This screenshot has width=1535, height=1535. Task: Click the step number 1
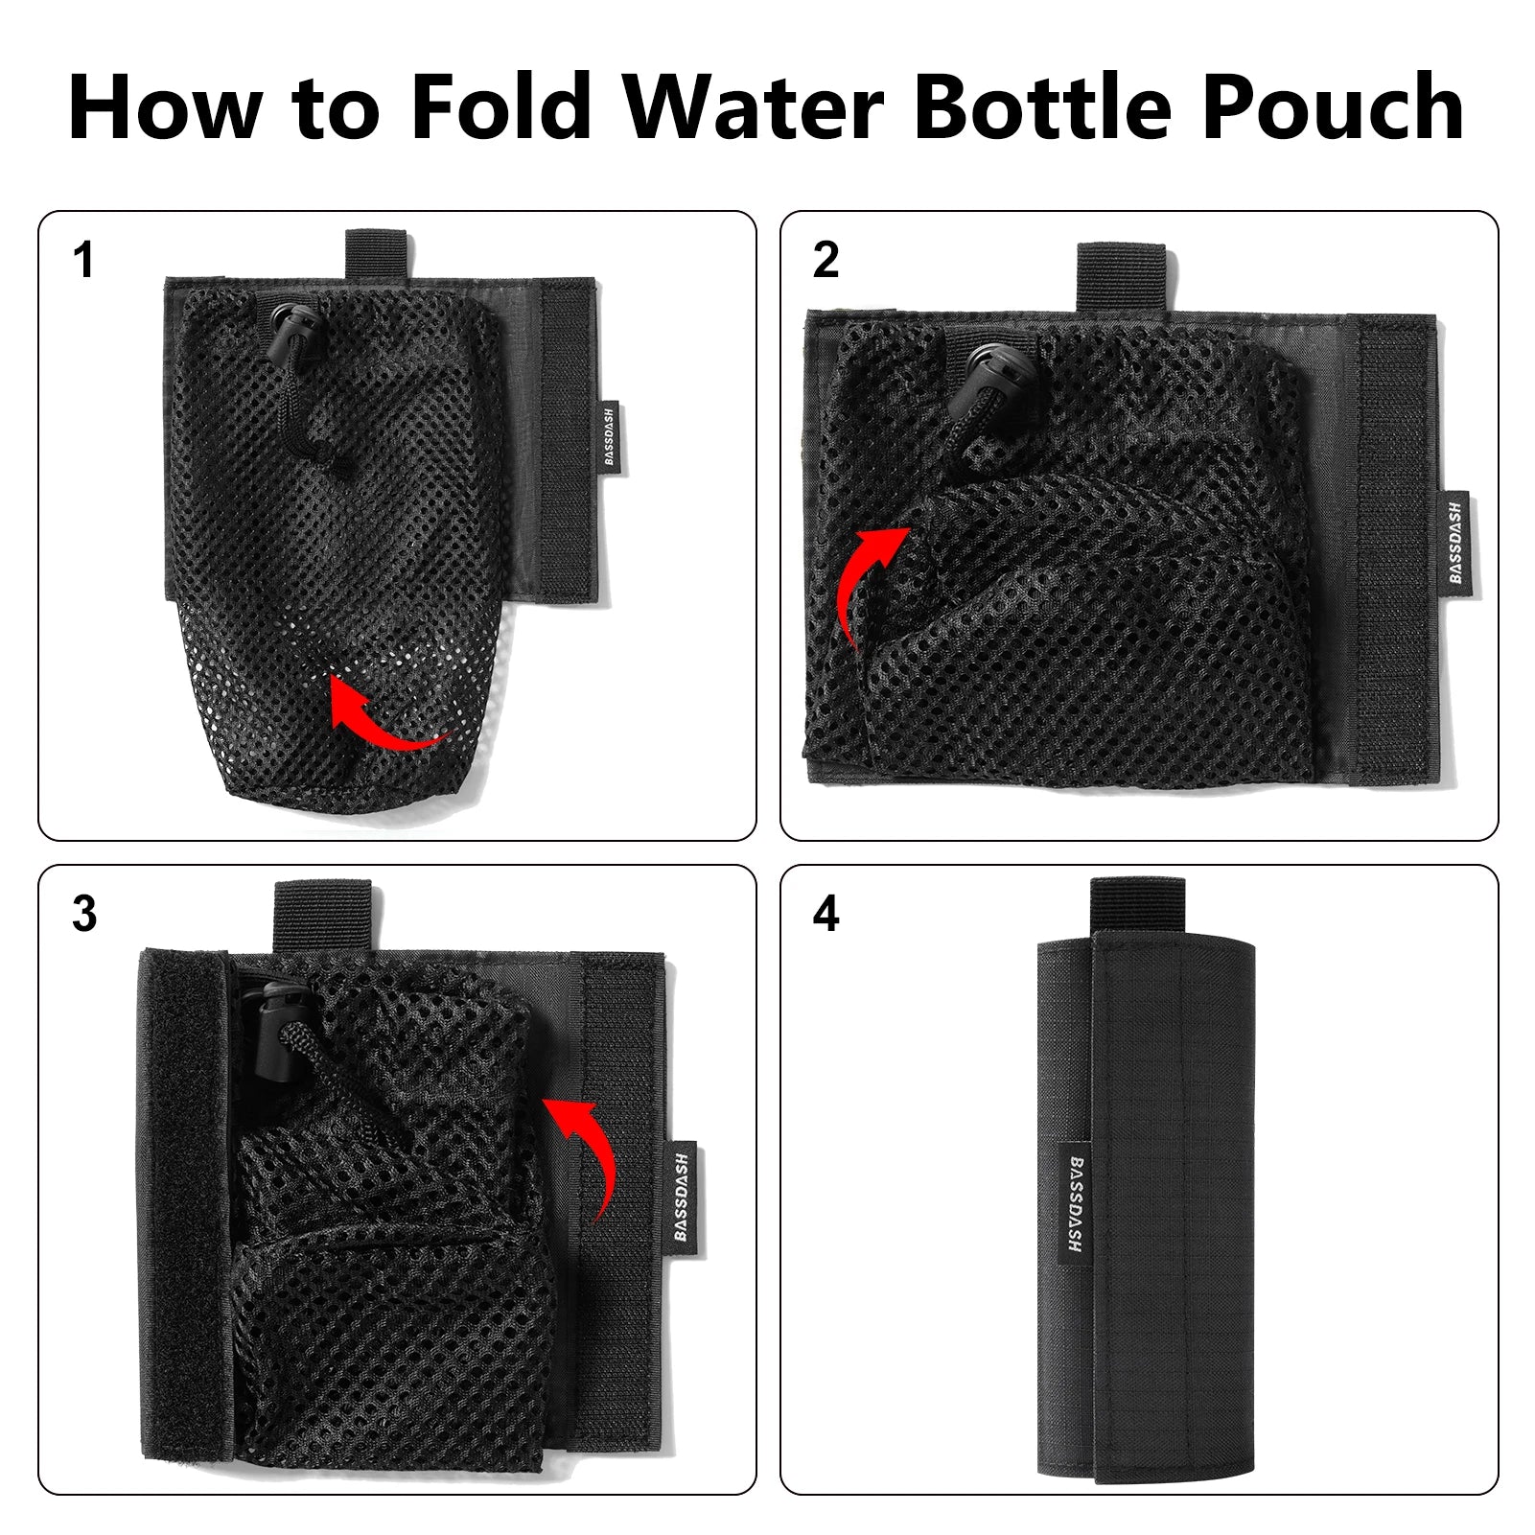(84, 261)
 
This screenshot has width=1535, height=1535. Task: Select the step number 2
(826, 261)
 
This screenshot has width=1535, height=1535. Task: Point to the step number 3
(84, 915)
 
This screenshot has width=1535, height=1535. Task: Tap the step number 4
(826, 915)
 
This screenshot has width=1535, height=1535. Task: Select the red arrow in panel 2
(868, 585)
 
